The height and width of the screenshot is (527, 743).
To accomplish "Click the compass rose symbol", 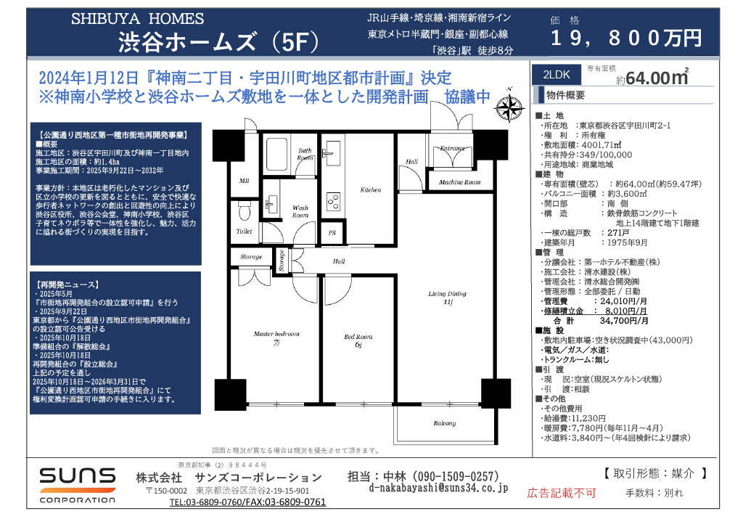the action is point(509,107).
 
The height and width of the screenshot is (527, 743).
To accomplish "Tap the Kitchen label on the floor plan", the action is point(371,190).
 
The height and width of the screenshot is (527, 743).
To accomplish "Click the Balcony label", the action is point(445,423).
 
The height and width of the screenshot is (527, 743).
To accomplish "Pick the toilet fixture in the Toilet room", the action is point(245,211).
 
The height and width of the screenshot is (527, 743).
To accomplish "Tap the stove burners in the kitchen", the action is point(333,202).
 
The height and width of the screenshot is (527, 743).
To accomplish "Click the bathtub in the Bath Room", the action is point(276,154).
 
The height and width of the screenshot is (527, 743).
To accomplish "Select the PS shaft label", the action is point(332,233).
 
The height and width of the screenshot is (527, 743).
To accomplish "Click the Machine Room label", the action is point(459,182).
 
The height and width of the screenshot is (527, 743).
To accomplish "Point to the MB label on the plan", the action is point(244,181).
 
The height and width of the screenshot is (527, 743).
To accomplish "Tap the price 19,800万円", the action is point(626,38).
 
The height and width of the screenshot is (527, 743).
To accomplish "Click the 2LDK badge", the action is point(557,75).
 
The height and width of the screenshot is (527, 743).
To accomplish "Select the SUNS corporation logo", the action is point(78,485).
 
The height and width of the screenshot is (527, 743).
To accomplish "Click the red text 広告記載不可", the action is point(561,494).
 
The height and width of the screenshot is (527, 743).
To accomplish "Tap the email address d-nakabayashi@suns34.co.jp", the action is point(438,488).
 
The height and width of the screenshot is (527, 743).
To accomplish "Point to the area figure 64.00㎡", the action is point(657,78).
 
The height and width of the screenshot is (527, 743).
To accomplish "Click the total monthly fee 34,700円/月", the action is point(624,321).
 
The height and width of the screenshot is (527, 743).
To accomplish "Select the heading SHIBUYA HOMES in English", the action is point(137,19).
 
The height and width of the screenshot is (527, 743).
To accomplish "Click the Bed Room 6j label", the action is point(358,340).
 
